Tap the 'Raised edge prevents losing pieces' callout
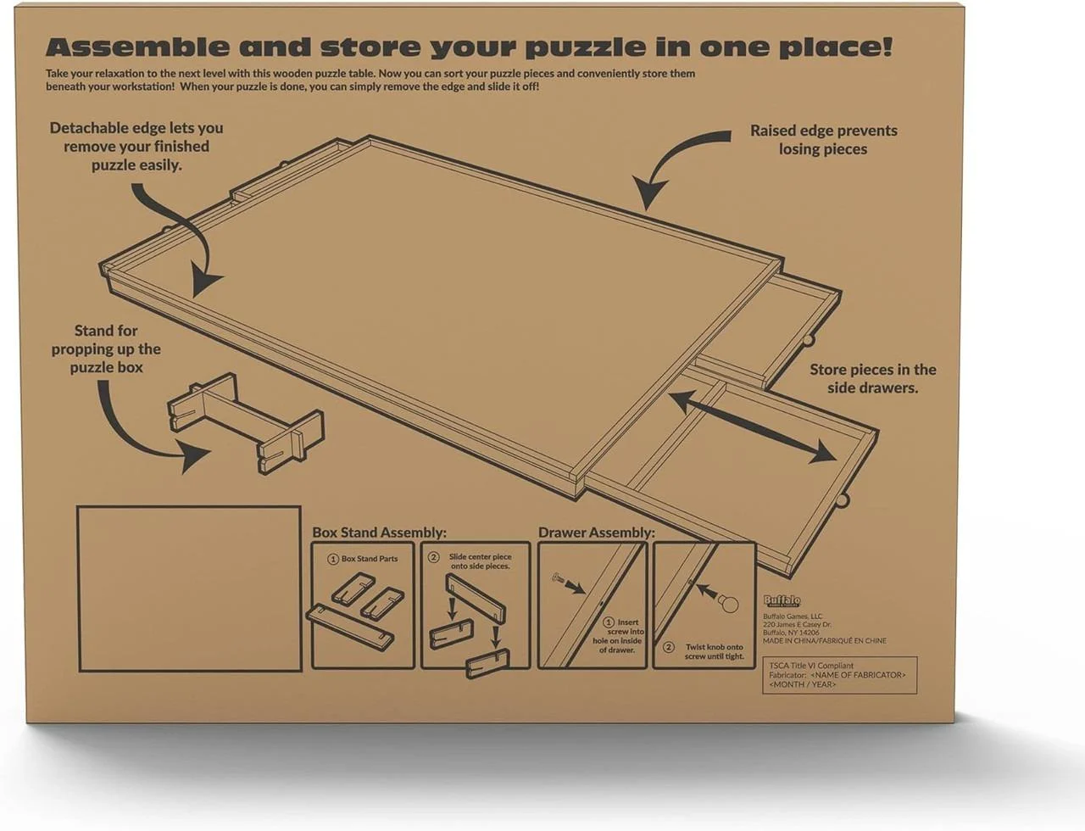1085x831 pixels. pyautogui.click(x=823, y=140)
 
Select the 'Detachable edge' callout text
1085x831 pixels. pyautogui.click(x=136, y=146)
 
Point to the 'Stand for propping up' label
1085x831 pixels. pyautogui.click(x=106, y=349)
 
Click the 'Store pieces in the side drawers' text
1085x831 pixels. pyautogui.click(x=872, y=378)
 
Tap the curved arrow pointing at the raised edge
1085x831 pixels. pyautogui.click(x=678, y=165)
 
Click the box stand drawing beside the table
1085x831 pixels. pyautogui.click(x=245, y=421)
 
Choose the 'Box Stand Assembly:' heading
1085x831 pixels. pyautogui.click(x=379, y=533)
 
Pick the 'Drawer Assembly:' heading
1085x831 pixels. pyautogui.click(x=596, y=533)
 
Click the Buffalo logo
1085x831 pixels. pyautogui.click(x=782, y=601)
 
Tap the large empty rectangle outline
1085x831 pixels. pyautogui.click(x=189, y=588)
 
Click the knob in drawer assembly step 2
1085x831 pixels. pyautogui.click(x=728, y=603)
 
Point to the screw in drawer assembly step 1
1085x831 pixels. pyautogui.click(x=559, y=579)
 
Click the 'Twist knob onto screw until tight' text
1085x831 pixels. pyautogui.click(x=714, y=651)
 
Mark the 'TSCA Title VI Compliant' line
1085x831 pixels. pyautogui.click(x=811, y=666)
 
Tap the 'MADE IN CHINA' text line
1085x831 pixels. pyautogui.click(x=824, y=641)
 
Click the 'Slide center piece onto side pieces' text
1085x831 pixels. pyautogui.click(x=480, y=561)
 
